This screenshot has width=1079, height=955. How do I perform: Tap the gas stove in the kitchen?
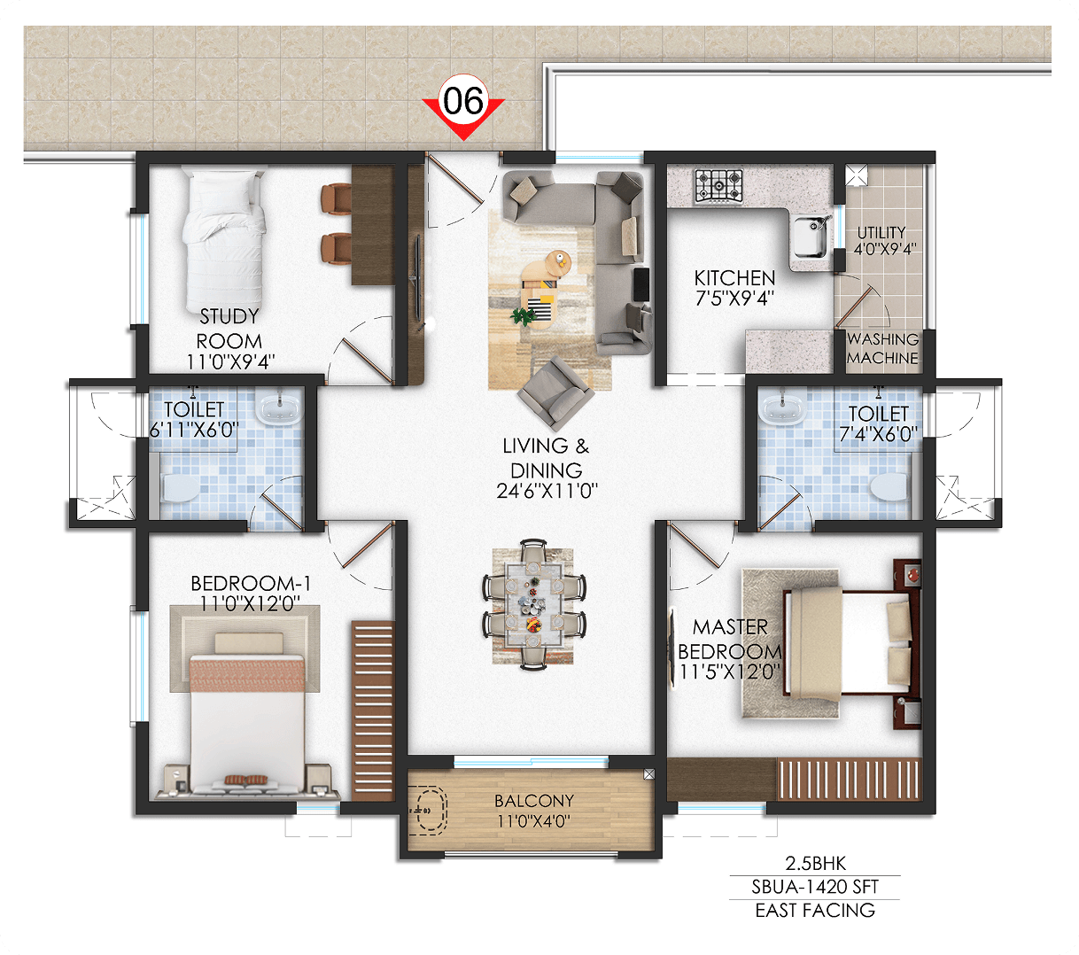(718, 186)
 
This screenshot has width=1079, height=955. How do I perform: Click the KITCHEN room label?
(734, 278)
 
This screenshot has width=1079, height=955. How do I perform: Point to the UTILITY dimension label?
(885, 250)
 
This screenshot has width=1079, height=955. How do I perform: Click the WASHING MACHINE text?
(882, 348)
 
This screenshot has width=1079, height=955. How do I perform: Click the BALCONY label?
(534, 801)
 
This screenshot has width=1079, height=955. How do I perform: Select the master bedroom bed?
(846, 642)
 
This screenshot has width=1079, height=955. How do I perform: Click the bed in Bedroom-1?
(248, 713)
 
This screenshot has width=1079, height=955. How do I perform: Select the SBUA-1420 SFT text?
(815, 887)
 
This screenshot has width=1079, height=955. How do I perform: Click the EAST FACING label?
(815, 911)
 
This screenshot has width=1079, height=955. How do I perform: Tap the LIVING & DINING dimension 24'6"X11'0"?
(547, 491)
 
